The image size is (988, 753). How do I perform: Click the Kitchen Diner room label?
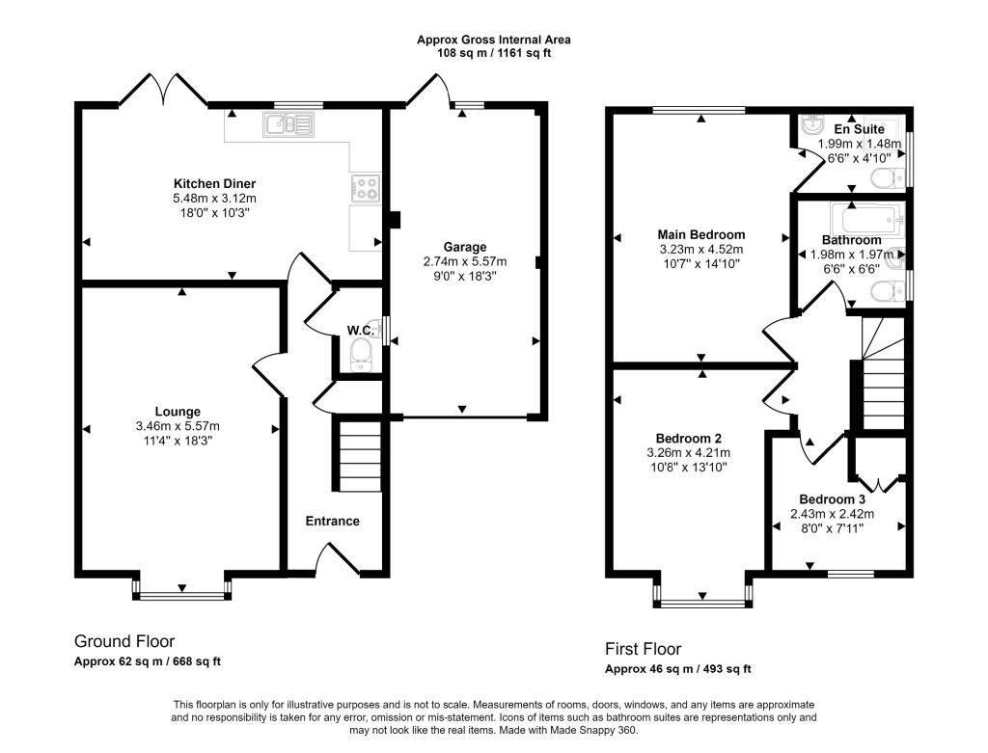pyautogui.click(x=214, y=184)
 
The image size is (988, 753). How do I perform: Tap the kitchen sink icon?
pyautogui.click(x=288, y=124)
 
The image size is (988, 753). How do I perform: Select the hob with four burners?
pyautogui.click(x=366, y=188)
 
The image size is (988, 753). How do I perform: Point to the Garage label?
pyautogui.click(x=465, y=247)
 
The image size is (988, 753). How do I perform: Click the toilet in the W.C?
pyautogui.click(x=362, y=355)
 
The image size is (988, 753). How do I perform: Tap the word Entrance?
pyautogui.click(x=333, y=522)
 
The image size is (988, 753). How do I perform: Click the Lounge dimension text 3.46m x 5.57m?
pyautogui.click(x=178, y=426)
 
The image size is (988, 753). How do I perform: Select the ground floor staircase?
pyautogui.click(x=360, y=456)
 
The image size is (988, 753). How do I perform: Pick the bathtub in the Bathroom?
pyautogui.click(x=867, y=218)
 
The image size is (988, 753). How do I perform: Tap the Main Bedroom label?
pyautogui.click(x=701, y=235)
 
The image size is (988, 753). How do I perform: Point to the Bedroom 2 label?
pyautogui.click(x=689, y=438)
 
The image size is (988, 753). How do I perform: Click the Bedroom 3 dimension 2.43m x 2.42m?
pyautogui.click(x=833, y=514)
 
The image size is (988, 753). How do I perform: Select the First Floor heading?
pyautogui.click(x=644, y=649)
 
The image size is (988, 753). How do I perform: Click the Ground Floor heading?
pyautogui.click(x=124, y=641)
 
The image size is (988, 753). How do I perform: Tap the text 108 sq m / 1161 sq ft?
pyautogui.click(x=494, y=54)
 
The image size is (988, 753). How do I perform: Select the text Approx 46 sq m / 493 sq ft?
pyautogui.click(x=678, y=669)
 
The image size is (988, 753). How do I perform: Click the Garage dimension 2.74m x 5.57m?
pyautogui.click(x=465, y=261)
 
